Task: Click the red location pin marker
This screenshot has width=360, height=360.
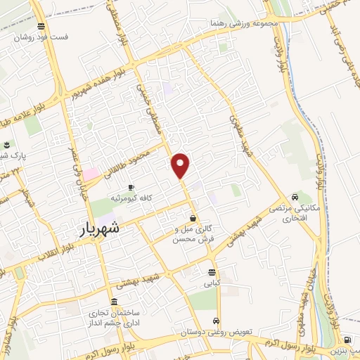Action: click(x=181, y=165)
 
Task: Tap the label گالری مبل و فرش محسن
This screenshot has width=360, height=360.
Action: click(x=193, y=234)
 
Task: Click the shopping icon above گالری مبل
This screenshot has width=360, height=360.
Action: click(x=193, y=219)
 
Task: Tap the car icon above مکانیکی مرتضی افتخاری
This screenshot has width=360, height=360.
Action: click(x=295, y=198)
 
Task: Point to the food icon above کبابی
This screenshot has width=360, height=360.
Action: click(x=212, y=273)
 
